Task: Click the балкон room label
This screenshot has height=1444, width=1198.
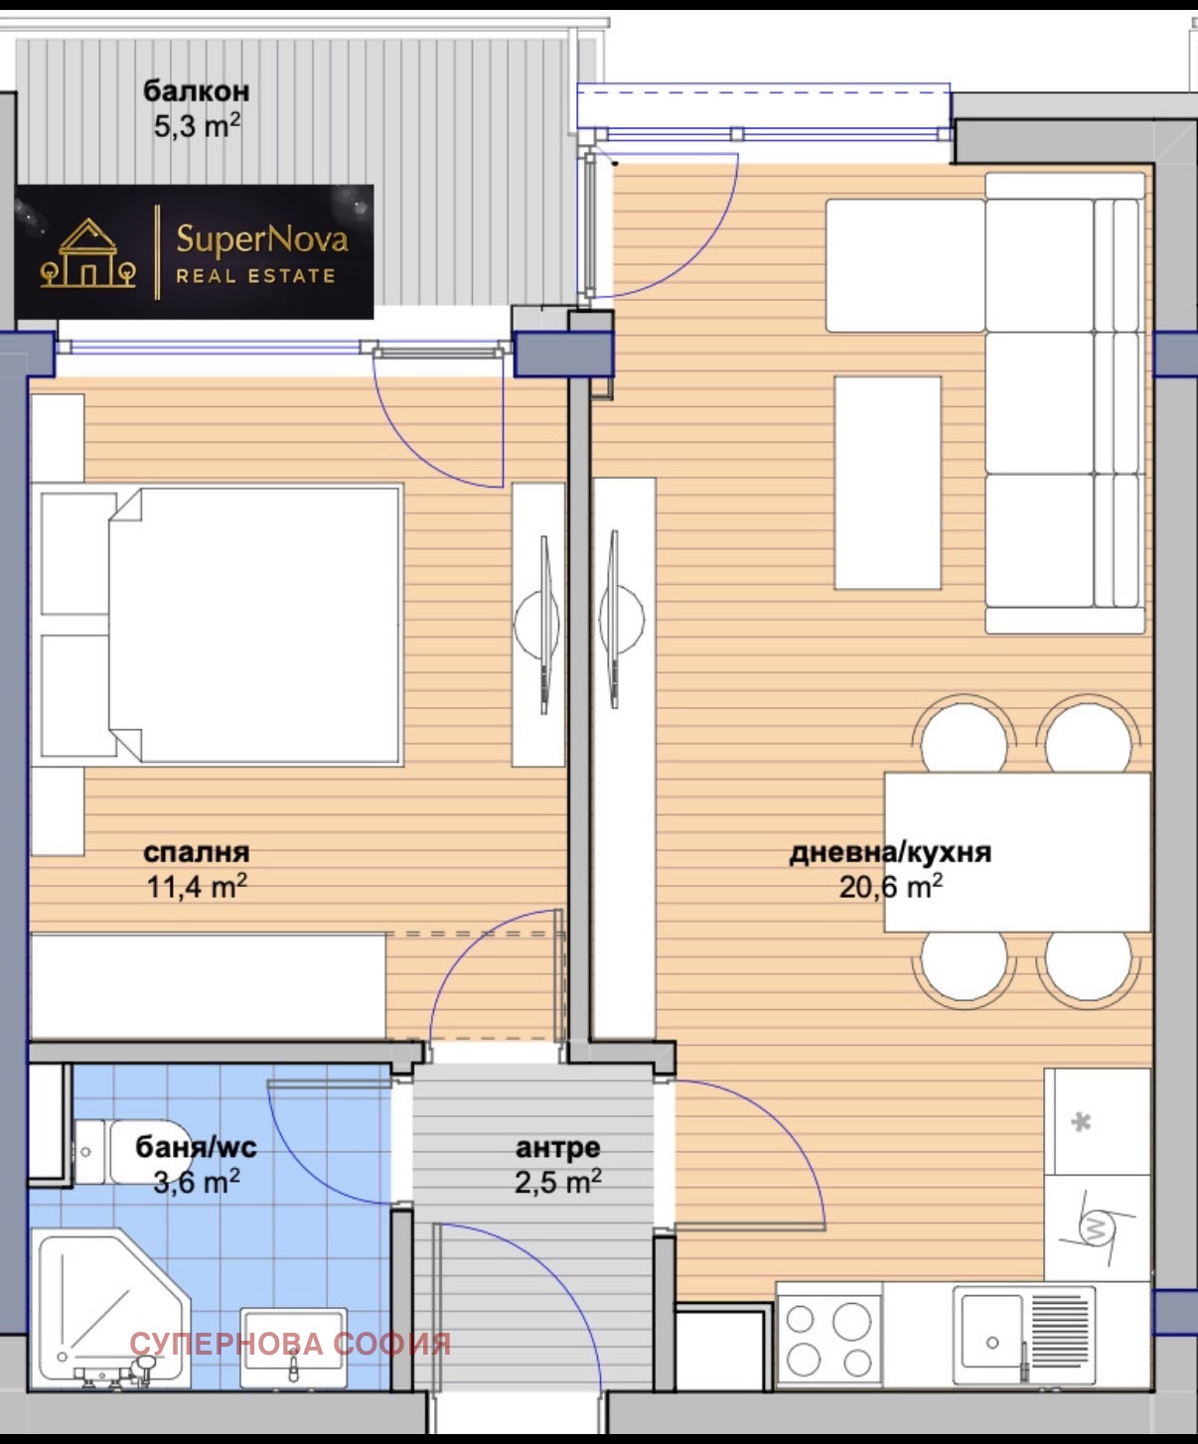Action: [x=196, y=92]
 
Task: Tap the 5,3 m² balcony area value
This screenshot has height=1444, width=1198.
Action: [x=197, y=126]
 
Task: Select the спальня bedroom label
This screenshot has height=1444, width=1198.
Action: [x=197, y=853]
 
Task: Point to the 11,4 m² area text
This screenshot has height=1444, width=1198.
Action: [x=197, y=886]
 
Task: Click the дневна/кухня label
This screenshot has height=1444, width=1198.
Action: [x=890, y=853]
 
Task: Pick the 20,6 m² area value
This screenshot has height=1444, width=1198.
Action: [x=890, y=886]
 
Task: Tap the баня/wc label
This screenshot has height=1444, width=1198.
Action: [x=197, y=1148]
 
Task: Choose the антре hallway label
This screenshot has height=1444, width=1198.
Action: [x=558, y=1148]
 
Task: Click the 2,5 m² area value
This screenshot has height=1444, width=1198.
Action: [x=558, y=1182]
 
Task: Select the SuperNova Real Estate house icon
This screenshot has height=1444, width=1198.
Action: [x=87, y=253]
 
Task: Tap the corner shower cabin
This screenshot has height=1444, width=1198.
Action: [x=114, y=1309]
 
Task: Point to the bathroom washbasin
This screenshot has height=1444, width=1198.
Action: [x=293, y=1348]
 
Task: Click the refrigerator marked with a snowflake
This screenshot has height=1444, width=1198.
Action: [x=1097, y=1121]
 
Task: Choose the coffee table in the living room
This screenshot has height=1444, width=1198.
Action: [x=887, y=483]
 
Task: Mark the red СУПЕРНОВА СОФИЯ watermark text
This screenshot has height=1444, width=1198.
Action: [x=290, y=1344]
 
